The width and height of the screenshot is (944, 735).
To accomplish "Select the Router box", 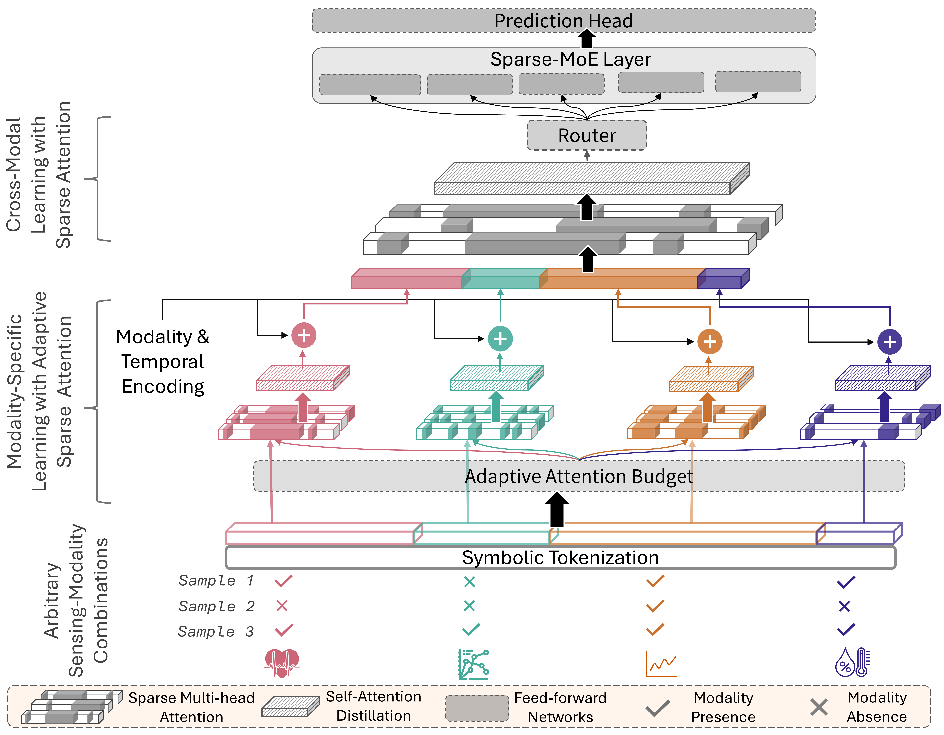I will (x=587, y=135).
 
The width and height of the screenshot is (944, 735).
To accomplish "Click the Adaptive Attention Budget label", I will (x=579, y=476).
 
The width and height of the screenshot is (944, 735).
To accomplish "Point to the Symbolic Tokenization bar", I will (x=560, y=557).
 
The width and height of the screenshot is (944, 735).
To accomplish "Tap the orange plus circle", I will (x=710, y=341).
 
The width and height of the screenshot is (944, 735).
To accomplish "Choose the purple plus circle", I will (x=890, y=342).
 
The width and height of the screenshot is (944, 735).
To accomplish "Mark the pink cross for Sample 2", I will (x=282, y=606).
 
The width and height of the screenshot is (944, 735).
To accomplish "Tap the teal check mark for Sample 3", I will (x=471, y=630).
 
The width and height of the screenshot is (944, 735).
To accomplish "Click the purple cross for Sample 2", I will (x=844, y=606).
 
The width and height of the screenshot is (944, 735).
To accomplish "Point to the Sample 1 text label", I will (x=216, y=580).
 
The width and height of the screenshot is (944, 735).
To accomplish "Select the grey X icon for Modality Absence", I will (x=819, y=707).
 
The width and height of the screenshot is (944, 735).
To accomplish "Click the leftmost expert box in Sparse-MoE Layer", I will (x=370, y=85).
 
